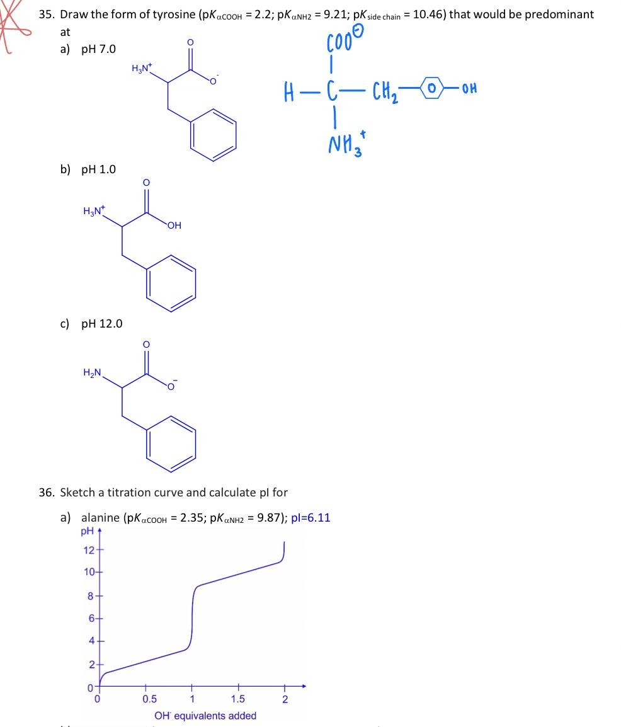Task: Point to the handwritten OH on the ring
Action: [x=469, y=88]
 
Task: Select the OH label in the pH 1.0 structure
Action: [x=174, y=225]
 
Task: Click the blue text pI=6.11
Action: [x=311, y=518]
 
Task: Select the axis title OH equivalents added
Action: [x=205, y=716]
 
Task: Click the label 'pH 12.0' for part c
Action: [x=102, y=324]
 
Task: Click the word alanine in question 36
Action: [x=101, y=518]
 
